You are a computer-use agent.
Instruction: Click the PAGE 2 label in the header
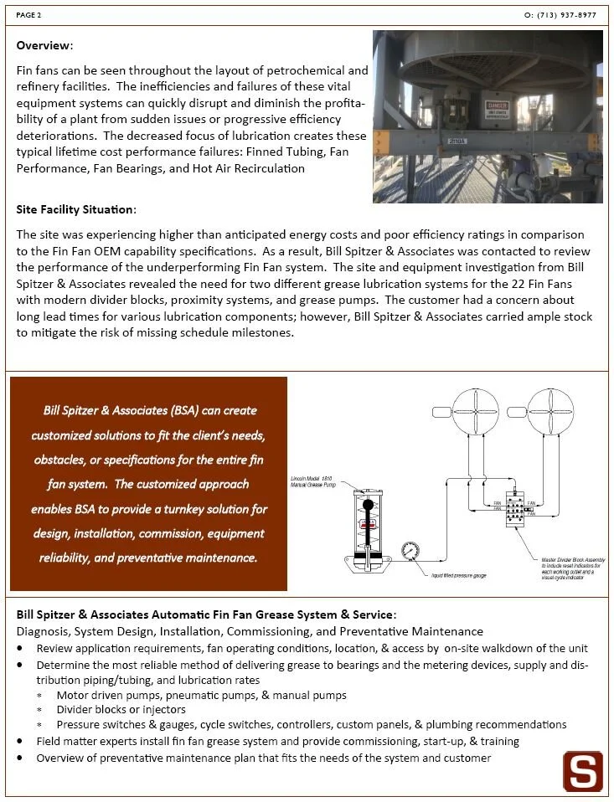pos(28,14)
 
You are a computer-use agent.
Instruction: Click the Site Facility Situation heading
pos(75,208)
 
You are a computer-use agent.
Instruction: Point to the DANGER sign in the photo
pos(498,110)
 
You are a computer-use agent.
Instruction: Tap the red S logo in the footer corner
pos(582,771)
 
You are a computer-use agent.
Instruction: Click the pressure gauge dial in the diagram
pos(410,553)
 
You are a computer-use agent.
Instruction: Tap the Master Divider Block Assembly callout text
pos(570,568)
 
